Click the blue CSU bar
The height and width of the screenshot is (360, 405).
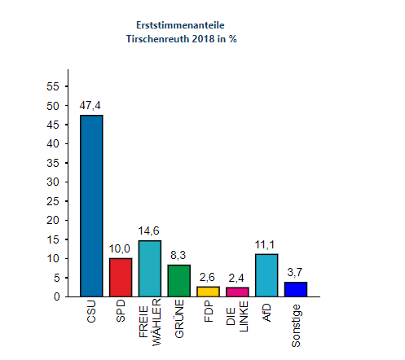pos(91,205)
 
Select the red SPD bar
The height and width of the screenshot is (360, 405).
pos(121,277)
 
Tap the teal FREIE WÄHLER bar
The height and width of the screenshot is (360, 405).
pos(150,268)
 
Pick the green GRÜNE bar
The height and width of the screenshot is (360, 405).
pos(179,280)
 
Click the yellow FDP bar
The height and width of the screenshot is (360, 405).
pos(208,292)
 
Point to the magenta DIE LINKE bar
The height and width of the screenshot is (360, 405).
pos(237,292)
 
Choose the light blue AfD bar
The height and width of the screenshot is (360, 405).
pos(266,275)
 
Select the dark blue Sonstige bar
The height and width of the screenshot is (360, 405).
pos(296,289)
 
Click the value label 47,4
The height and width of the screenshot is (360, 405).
pos(91,106)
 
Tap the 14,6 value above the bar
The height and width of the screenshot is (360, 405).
pos(150,231)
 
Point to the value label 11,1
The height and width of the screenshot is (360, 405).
pos(266,244)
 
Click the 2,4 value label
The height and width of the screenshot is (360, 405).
pos(237,278)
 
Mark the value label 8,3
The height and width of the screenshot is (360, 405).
pos(179,255)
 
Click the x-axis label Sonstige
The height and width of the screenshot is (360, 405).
pos(296,324)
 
